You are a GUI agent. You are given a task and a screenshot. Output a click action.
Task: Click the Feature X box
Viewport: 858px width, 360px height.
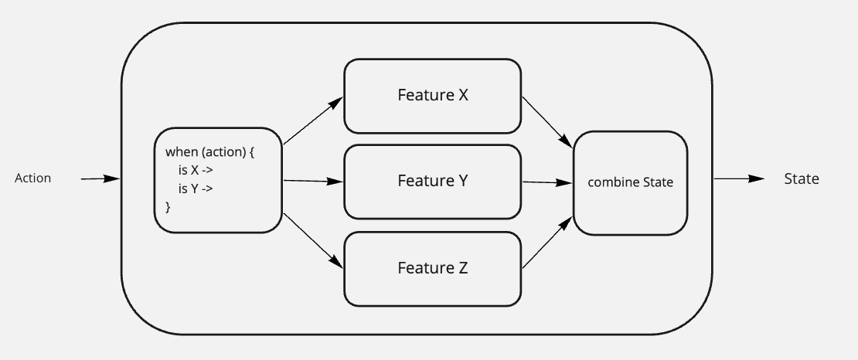(x=432, y=96)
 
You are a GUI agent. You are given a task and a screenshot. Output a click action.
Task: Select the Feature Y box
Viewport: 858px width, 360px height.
(x=432, y=182)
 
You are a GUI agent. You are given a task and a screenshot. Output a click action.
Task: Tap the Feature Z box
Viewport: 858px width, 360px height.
(x=432, y=269)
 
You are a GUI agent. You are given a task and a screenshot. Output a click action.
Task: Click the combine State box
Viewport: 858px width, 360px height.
(x=631, y=183)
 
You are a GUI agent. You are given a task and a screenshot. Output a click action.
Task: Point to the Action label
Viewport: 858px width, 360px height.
(x=32, y=178)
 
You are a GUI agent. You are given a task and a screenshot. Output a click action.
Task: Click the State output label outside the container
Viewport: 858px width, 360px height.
(x=802, y=179)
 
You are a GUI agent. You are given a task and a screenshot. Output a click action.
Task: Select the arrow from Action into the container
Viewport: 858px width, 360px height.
(x=100, y=178)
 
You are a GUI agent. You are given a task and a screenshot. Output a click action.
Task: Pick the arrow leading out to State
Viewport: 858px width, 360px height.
(x=739, y=178)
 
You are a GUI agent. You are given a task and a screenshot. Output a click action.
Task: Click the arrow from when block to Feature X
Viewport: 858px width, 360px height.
(x=314, y=121)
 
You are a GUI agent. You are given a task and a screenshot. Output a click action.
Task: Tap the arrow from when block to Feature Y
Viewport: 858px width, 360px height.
(x=314, y=181)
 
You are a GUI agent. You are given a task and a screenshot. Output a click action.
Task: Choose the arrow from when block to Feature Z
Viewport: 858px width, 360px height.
(x=314, y=241)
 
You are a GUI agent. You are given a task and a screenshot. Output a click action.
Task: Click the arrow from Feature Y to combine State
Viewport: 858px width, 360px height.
(x=548, y=183)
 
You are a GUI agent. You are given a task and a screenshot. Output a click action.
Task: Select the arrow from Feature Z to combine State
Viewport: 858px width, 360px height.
(x=548, y=243)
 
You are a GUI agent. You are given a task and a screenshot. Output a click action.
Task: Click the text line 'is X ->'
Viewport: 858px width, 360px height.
(x=196, y=170)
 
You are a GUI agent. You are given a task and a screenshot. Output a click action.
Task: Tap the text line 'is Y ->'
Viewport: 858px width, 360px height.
(x=196, y=188)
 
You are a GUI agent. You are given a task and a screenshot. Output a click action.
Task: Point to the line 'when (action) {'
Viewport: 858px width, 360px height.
(x=210, y=152)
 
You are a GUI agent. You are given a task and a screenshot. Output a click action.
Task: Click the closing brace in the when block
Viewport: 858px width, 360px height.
(x=168, y=207)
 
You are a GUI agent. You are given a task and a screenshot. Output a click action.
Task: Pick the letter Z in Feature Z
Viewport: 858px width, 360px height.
(x=463, y=268)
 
